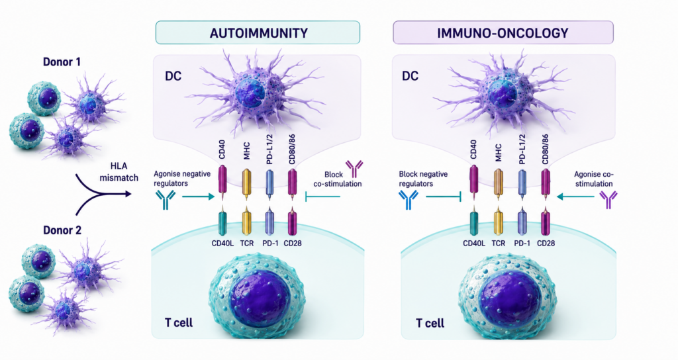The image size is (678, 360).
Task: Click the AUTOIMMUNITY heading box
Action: pos(258,32)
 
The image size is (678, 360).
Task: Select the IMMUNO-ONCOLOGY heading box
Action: pos(503,32)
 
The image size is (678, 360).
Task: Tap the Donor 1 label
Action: pos(62,62)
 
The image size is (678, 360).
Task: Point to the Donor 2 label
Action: pos(62,230)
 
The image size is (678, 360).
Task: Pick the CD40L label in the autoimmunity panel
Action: pos(222,244)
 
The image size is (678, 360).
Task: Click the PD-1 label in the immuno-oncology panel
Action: pos(522,244)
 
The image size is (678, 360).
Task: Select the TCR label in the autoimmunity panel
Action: pos(247,244)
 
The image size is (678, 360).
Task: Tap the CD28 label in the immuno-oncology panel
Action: pos(546,244)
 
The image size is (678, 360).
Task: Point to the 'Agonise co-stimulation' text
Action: pos(593,179)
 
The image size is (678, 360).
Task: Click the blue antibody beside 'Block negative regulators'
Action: pos(408,200)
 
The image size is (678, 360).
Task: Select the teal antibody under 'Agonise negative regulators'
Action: pos(166,200)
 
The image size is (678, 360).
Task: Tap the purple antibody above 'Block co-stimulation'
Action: pos(354,169)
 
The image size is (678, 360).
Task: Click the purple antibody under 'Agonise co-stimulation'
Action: pos(608,200)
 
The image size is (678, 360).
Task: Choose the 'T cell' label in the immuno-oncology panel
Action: pos(430,323)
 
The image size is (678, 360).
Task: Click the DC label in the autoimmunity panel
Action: pos(173,76)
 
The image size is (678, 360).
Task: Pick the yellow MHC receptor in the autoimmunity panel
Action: pos(246,184)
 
